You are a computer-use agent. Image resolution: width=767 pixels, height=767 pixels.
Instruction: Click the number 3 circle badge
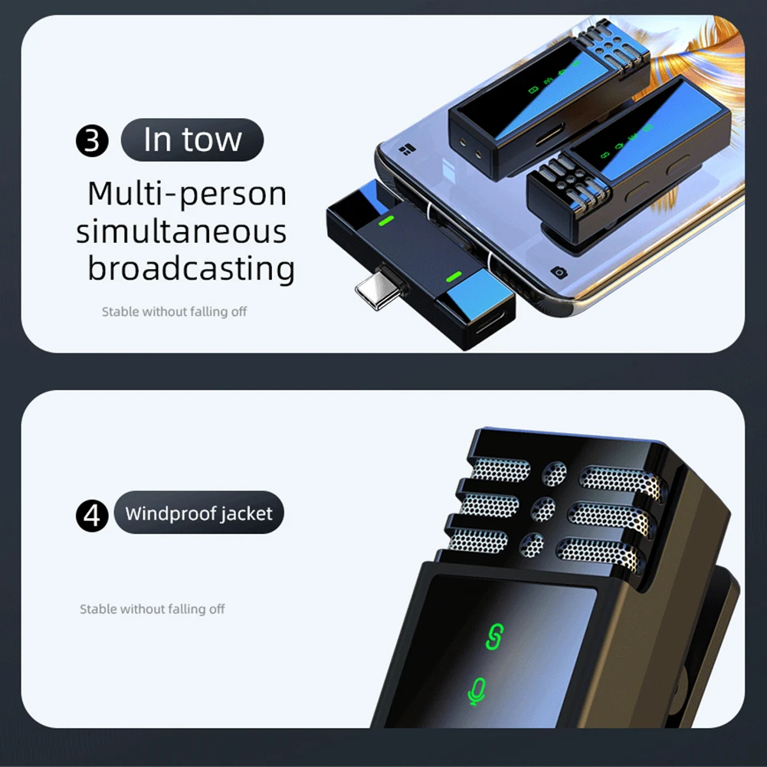(x=92, y=141)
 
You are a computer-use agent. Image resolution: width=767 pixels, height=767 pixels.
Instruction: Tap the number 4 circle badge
(x=92, y=516)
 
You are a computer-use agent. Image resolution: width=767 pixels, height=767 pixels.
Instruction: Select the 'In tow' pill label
(x=192, y=140)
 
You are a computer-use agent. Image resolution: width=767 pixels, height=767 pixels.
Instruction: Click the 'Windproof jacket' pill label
(x=198, y=513)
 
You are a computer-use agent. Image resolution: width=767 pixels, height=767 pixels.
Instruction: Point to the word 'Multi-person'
(x=188, y=194)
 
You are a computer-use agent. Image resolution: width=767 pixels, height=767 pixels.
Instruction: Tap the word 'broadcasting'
(x=192, y=268)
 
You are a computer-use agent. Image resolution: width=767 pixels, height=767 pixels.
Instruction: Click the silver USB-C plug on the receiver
(x=379, y=289)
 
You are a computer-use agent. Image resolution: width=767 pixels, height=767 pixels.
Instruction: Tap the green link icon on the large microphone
(x=494, y=637)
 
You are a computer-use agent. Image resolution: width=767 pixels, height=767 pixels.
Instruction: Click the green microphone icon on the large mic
(x=477, y=691)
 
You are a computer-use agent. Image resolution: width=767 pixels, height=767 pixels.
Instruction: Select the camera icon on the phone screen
(x=559, y=272)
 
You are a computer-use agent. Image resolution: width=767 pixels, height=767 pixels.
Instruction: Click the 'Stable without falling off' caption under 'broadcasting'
(x=174, y=312)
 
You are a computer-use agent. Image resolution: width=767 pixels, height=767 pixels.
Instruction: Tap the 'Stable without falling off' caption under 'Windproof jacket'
(x=152, y=609)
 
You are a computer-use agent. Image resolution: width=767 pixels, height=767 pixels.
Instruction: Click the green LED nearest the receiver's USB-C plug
(x=454, y=277)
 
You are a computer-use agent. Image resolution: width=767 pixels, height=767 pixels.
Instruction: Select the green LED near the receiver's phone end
(x=386, y=221)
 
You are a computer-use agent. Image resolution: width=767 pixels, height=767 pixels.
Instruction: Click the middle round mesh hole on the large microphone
(x=543, y=510)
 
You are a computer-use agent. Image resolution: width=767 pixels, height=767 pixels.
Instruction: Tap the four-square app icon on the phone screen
(x=407, y=149)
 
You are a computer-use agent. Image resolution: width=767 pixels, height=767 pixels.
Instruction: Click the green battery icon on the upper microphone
(x=533, y=90)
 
